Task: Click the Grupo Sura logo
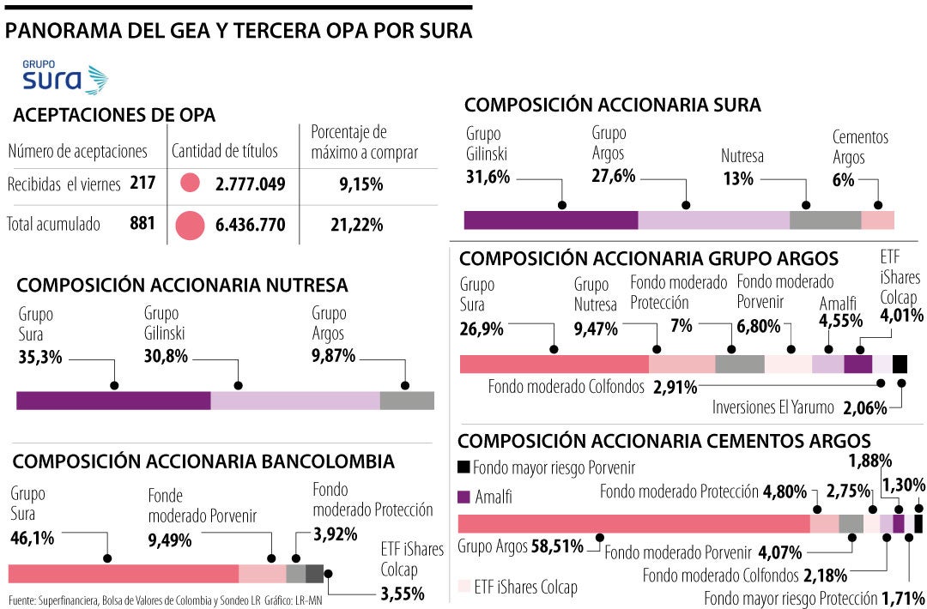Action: (65, 77)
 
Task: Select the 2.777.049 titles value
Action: (251, 184)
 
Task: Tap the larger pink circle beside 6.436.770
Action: (190, 226)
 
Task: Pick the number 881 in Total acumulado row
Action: (142, 224)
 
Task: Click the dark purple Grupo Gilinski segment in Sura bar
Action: (550, 220)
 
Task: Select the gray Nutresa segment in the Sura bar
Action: (825, 220)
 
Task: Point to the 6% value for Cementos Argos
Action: (843, 179)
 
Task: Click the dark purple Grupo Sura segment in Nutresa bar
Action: (113, 401)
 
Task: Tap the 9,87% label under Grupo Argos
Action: (333, 356)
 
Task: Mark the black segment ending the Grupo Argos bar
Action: (900, 364)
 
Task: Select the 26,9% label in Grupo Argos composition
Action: (482, 329)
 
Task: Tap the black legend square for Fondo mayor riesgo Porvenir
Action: (463, 467)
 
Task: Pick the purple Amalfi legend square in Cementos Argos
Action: (463, 497)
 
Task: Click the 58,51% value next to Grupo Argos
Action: (559, 546)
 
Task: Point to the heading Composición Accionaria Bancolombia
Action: (203, 461)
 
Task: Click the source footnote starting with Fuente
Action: (167, 599)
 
